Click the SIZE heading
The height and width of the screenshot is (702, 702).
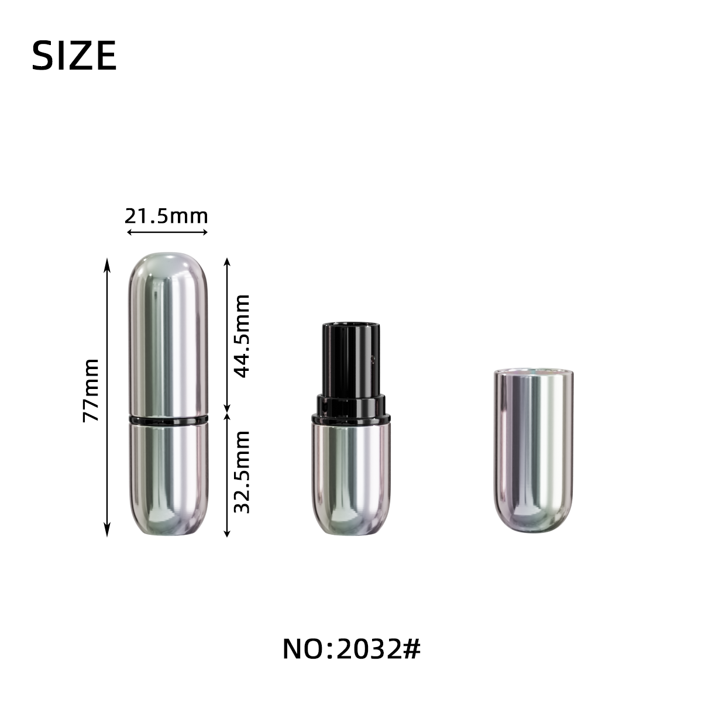[x=74, y=56]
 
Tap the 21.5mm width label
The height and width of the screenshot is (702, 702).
[x=166, y=216]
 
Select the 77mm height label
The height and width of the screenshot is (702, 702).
[x=91, y=390]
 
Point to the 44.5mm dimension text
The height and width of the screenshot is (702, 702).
[x=242, y=336]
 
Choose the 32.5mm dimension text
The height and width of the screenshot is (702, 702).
[x=242, y=472]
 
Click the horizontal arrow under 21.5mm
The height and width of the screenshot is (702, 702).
[x=167, y=232]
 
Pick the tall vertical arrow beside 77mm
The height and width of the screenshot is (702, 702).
[x=106, y=397]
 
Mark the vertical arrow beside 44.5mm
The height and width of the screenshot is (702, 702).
[x=227, y=335]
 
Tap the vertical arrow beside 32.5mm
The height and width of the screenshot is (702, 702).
[x=227, y=475]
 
